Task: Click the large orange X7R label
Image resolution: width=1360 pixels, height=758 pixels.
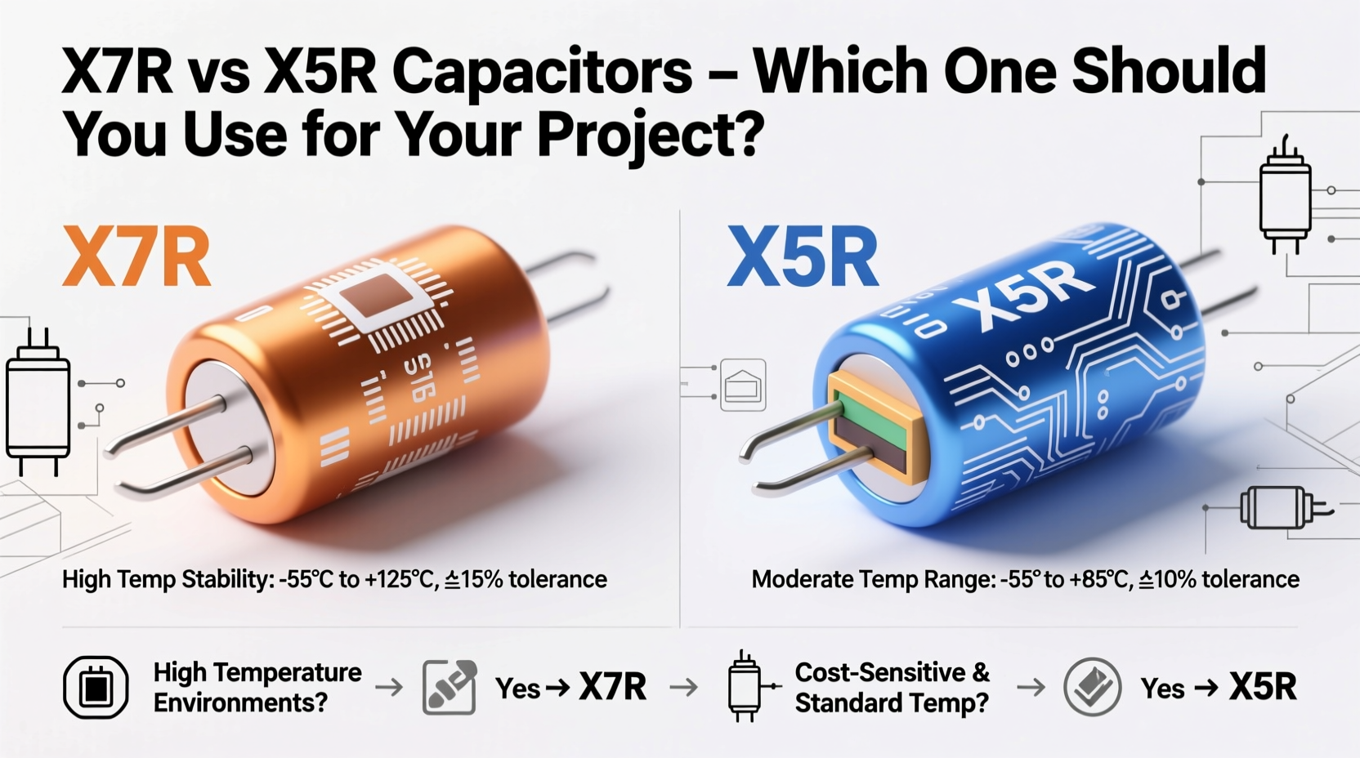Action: click(x=136, y=257)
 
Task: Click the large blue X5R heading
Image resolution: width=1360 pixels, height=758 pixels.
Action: click(x=803, y=257)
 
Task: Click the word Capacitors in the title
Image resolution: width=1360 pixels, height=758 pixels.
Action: click(x=542, y=72)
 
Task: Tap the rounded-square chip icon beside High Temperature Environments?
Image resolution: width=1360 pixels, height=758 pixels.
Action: click(x=96, y=688)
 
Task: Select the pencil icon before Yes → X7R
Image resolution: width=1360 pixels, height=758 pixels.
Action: click(x=450, y=688)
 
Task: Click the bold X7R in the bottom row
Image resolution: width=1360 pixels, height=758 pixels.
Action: click(x=612, y=688)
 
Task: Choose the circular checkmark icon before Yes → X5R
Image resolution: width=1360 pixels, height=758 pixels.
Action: click(x=1093, y=688)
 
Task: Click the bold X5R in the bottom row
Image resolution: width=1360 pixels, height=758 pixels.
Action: click(x=1263, y=688)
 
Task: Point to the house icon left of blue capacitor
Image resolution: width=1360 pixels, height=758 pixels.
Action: click(x=743, y=385)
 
